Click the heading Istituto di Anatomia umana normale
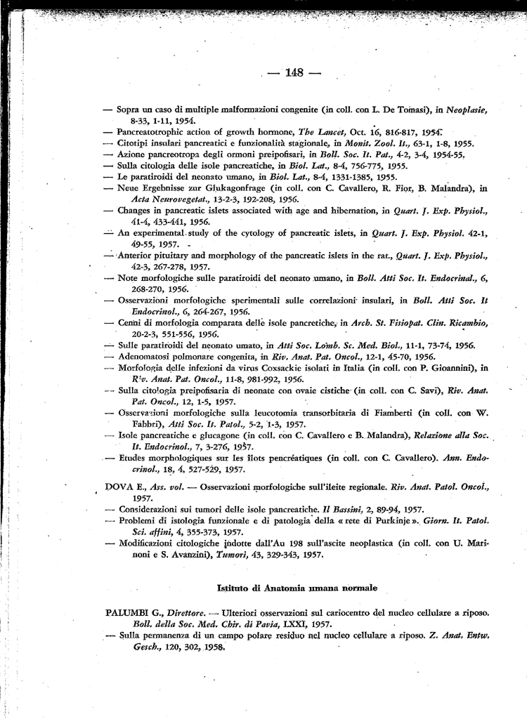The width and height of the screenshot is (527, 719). coord(297,587)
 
